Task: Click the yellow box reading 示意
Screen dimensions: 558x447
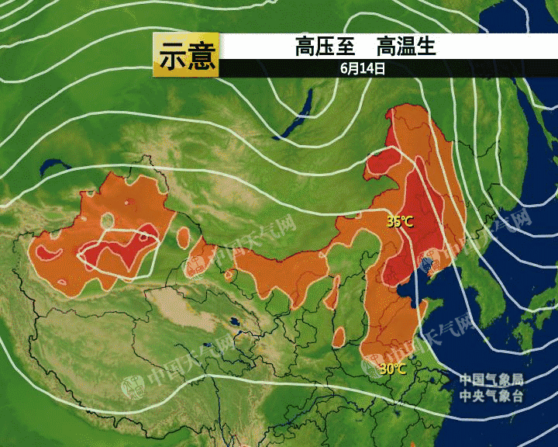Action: pos(186,55)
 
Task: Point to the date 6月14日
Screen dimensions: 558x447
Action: pos(363,68)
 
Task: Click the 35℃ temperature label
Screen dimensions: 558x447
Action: pos(400,222)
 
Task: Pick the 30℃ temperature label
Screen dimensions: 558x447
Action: pos(392,369)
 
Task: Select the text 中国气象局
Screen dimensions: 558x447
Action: pos(491,379)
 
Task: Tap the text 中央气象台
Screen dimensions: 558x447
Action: pos(491,395)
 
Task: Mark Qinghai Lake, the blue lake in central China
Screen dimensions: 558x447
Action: pos(232,322)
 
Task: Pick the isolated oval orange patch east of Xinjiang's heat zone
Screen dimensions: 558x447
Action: pos(184,233)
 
